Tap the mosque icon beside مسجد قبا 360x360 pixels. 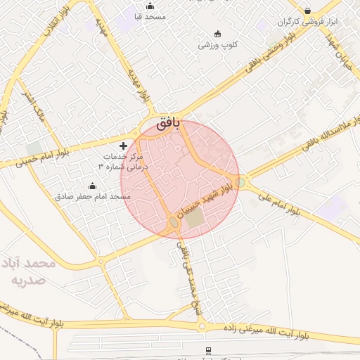[x=149, y=6]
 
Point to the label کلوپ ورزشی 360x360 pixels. [x=217, y=45]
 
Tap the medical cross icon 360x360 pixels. [x=124, y=145]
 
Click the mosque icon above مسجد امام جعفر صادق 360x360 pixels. [x=93, y=186]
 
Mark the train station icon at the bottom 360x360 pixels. [x=207, y=349]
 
